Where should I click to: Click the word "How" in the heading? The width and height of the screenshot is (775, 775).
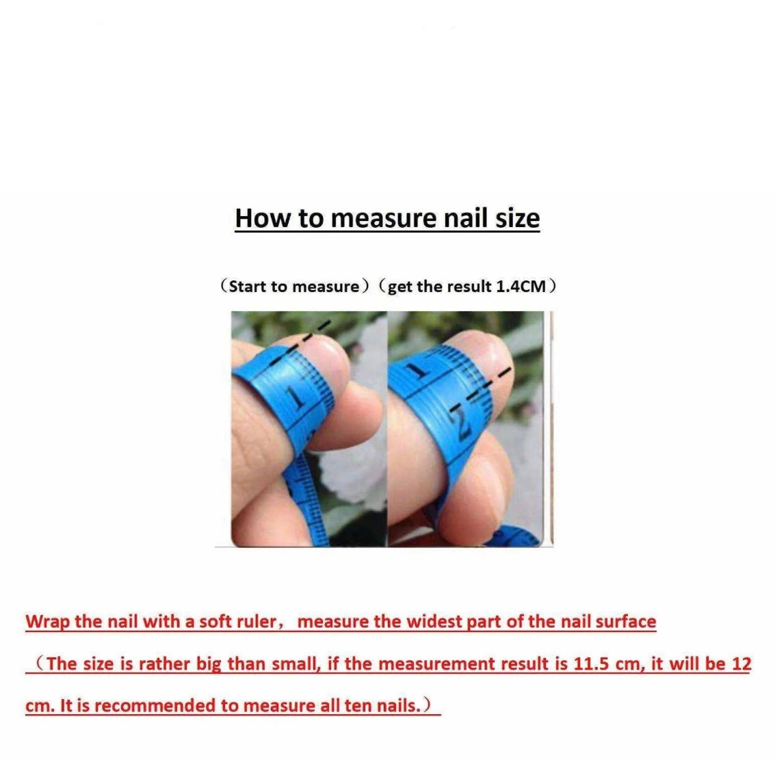click(263, 218)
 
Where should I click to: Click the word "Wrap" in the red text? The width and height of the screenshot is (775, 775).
click(47, 622)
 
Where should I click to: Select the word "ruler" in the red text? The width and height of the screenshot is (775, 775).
click(256, 621)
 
